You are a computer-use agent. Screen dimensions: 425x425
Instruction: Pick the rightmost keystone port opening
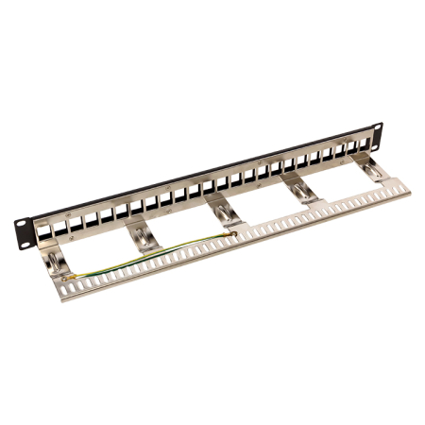pyautogui.click(x=364, y=144)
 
